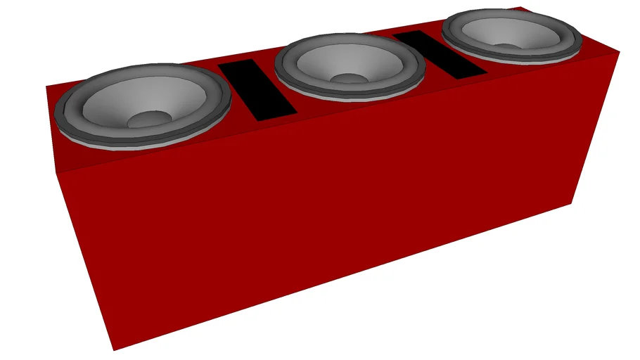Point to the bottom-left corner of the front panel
[113, 350]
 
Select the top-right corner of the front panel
[619, 52]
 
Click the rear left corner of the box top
[46, 86]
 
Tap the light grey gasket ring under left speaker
[141, 147]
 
